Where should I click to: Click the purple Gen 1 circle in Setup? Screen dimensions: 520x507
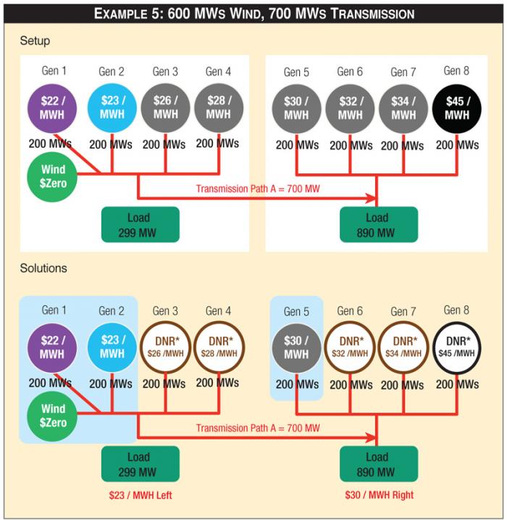pyautogui.click(x=52, y=108)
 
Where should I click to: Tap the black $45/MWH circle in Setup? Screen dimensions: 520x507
pyautogui.click(x=457, y=109)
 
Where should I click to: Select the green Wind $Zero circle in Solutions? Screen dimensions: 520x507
pyautogui.click(x=52, y=416)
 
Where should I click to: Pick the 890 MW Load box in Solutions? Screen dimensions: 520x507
pyautogui.click(x=377, y=464)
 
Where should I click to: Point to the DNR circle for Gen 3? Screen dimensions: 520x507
pyautogui.click(x=165, y=347)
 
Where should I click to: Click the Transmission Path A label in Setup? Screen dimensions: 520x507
pyautogui.click(x=257, y=189)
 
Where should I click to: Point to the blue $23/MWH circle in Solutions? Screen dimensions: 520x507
pyautogui.click(x=112, y=347)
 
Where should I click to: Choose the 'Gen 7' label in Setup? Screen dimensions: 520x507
pyautogui.click(x=403, y=72)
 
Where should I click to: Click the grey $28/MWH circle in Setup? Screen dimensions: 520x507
pyautogui.click(x=218, y=108)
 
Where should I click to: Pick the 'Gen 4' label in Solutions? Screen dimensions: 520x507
pyautogui.click(x=219, y=311)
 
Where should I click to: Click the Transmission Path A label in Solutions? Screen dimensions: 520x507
pyautogui.click(x=257, y=429)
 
